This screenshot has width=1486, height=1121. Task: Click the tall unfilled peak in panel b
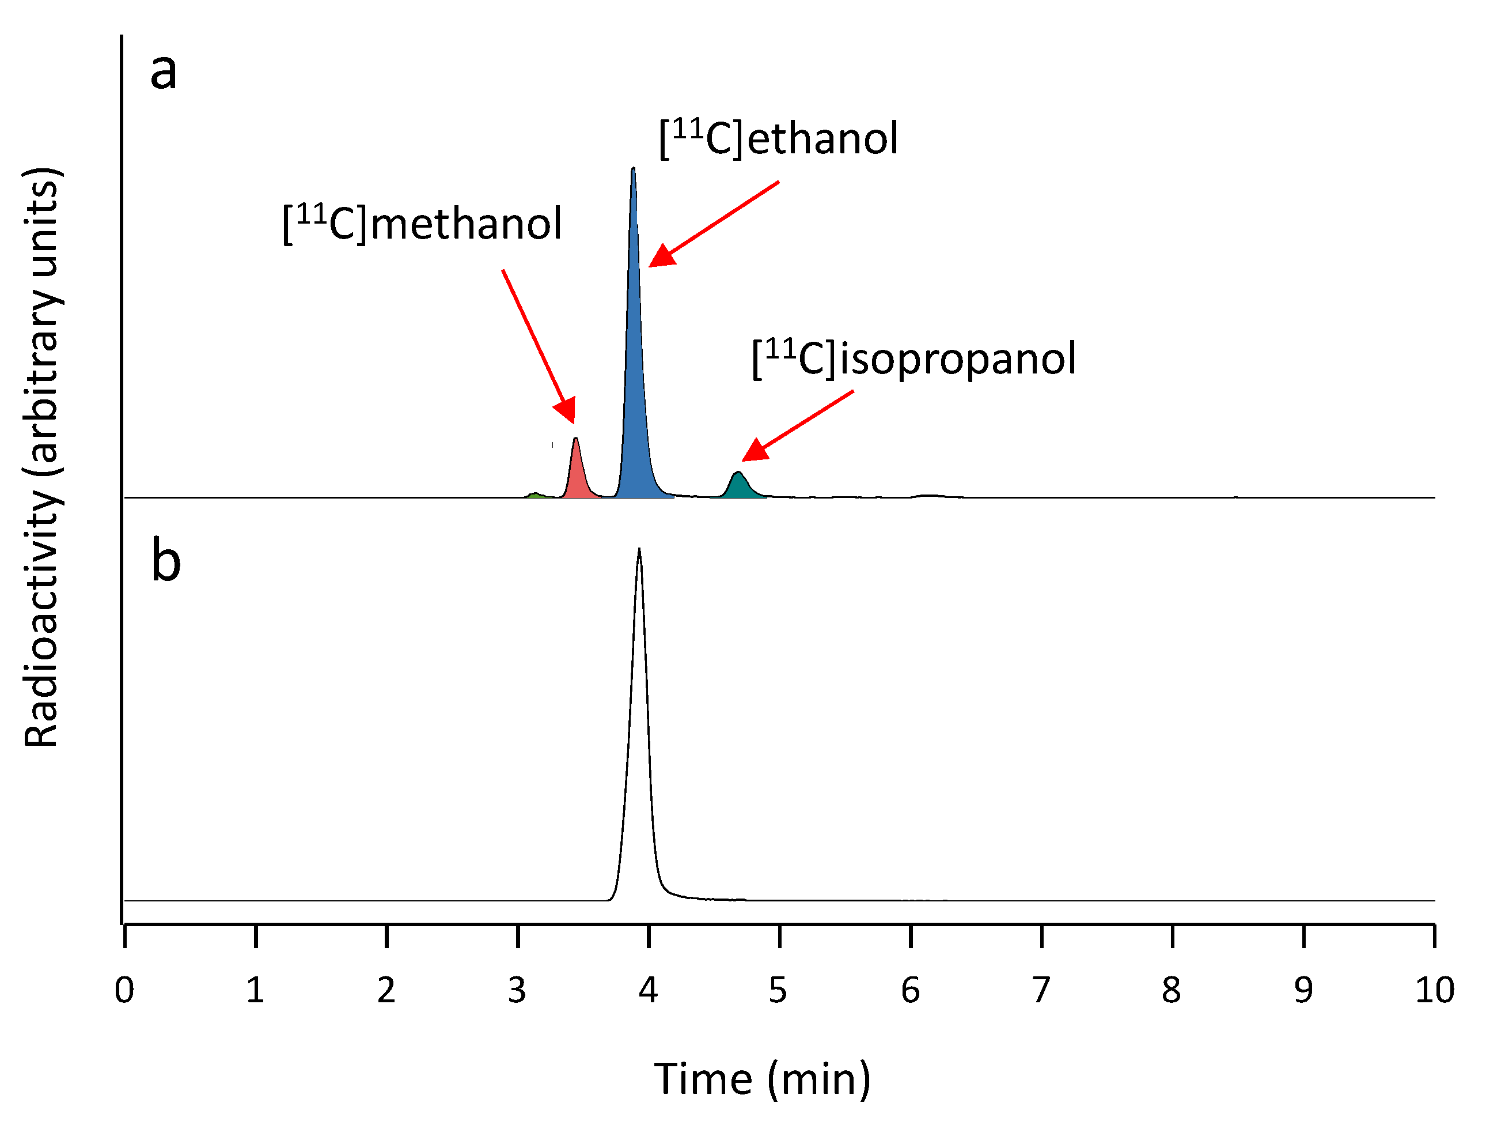click(x=639, y=739)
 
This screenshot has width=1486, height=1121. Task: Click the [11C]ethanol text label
click(x=778, y=138)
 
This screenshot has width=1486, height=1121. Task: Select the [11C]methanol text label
click(x=422, y=223)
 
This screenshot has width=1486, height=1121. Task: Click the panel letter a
click(x=163, y=71)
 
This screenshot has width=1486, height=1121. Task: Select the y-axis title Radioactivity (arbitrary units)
click(x=41, y=457)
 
